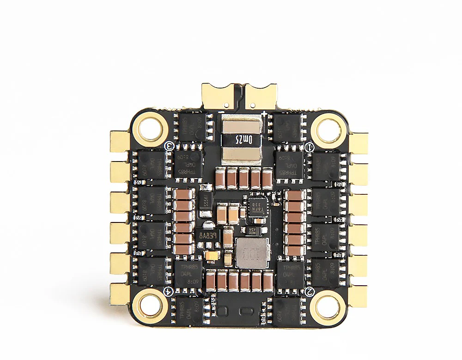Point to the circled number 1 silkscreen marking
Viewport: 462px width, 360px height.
click(x=310, y=146)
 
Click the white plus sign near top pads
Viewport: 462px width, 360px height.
click(x=264, y=113)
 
